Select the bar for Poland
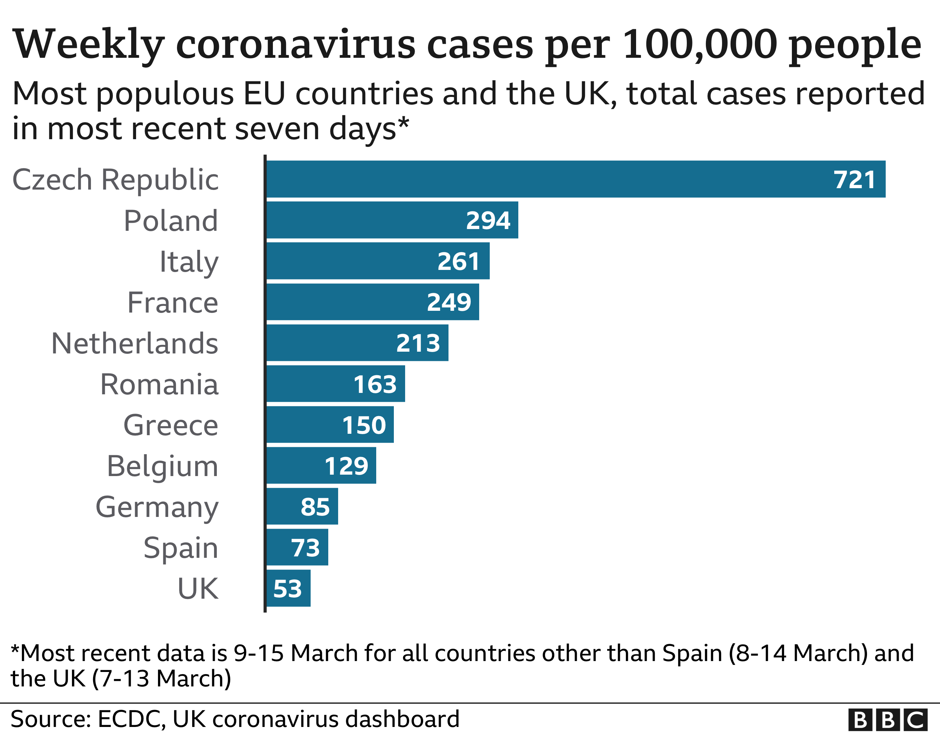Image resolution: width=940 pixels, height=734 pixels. tap(392, 220)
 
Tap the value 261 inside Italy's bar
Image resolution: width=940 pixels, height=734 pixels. tap(458, 261)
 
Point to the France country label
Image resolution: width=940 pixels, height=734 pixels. tap(172, 302)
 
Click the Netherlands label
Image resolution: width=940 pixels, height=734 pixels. tap(135, 343)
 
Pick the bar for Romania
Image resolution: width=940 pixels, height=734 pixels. tap(336, 384)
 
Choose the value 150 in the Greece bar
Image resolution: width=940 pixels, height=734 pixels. tap(364, 425)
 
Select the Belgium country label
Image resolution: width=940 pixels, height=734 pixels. tap(162, 466)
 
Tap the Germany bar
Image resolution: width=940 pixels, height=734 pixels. tap(302, 506)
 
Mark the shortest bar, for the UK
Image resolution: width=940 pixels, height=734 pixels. tap(288, 588)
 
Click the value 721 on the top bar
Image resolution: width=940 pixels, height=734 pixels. tap(854, 179)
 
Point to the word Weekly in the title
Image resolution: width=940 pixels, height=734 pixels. tap(88, 44)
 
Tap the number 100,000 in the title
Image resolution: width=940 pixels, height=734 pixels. tap(700, 44)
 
